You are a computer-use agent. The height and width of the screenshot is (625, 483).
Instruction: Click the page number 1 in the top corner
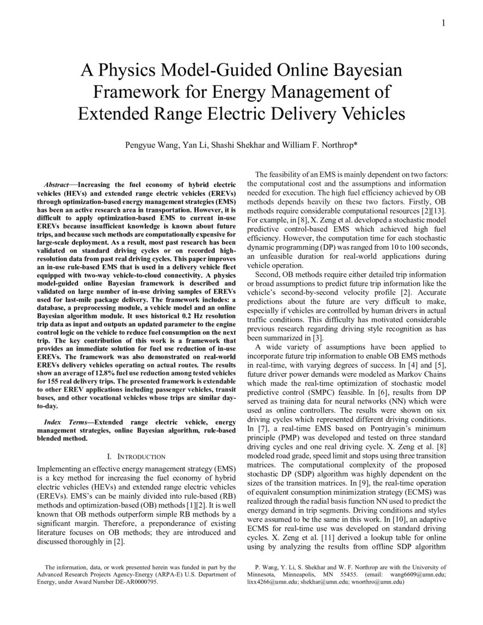coord(443,23)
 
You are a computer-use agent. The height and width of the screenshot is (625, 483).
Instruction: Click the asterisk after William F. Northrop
coord(356,144)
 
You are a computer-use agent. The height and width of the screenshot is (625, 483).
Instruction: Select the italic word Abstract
coord(57,185)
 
